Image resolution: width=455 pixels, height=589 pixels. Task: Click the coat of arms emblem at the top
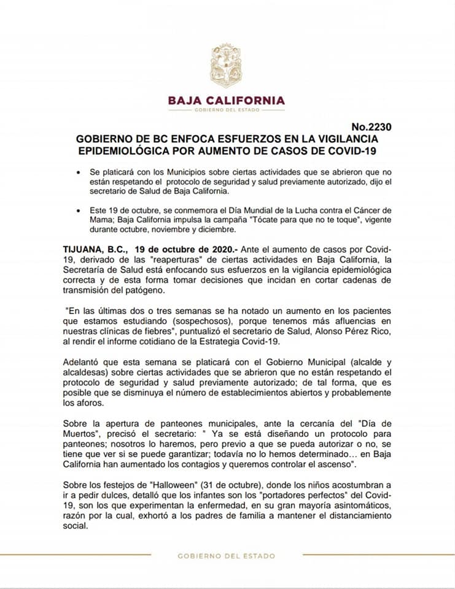pos(227,65)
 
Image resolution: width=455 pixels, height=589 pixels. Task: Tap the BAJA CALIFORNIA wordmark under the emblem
pos(227,100)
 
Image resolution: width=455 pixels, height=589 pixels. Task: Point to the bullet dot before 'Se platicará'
pos(79,174)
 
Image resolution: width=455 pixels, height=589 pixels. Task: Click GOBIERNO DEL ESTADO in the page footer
pos(227,556)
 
